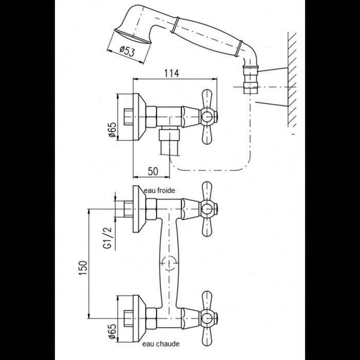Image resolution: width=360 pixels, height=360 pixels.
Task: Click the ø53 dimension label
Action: pos(128,51)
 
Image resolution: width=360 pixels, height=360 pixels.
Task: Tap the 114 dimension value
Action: pos(171,73)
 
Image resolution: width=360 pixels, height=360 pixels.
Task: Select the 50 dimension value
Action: pos(153,171)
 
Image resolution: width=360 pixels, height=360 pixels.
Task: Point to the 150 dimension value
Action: pos(83,268)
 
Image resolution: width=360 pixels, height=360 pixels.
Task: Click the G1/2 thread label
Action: pos(107,238)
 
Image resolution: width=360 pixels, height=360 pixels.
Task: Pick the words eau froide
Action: pos(159,191)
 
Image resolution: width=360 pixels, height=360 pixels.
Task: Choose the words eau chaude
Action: pos(160,344)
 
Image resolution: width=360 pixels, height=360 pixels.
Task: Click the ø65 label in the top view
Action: pos(112,130)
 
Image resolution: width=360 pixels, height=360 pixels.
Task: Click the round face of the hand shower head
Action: pos(132,36)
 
